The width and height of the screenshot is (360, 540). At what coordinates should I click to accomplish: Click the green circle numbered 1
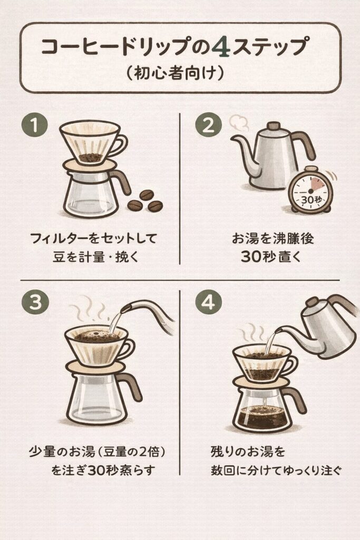coord(35,125)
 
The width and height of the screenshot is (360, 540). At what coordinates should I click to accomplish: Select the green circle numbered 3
coord(35,302)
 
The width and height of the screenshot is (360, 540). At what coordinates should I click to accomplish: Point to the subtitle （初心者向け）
coord(176,73)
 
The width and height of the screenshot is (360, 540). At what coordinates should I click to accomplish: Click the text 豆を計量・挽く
coord(95,257)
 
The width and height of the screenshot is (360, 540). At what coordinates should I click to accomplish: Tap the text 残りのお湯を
coord(248,451)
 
